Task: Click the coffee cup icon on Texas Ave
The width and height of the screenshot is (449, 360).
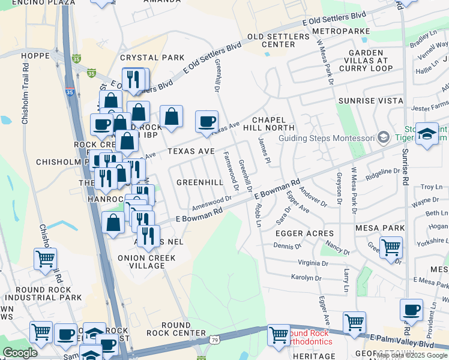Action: click(207, 122)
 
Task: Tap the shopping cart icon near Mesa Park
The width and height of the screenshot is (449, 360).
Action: click(391, 247)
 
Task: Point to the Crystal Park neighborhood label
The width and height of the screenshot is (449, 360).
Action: click(144, 58)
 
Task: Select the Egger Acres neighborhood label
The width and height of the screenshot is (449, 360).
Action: click(304, 233)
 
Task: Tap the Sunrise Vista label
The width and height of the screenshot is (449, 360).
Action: click(370, 101)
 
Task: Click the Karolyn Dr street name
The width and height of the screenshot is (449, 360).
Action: click(306, 278)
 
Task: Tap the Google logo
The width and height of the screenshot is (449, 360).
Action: click(20, 353)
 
